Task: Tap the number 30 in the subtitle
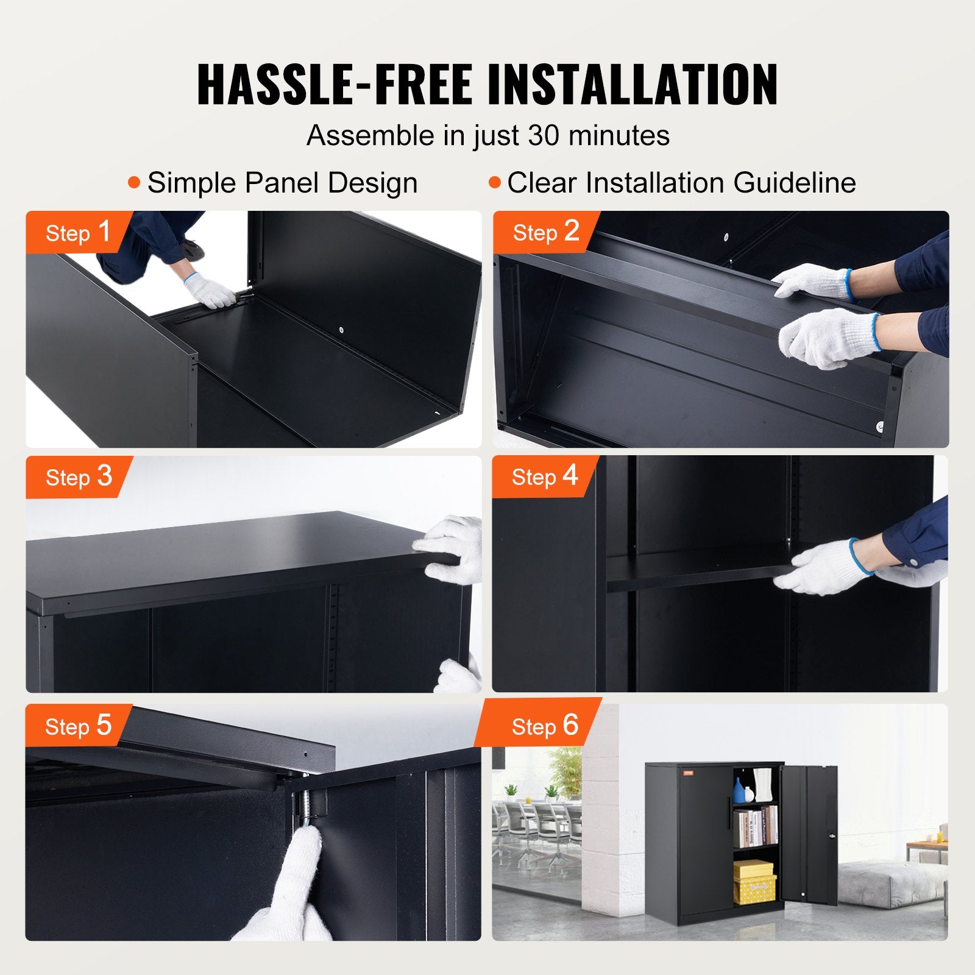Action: [543, 135]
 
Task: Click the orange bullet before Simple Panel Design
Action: [134, 183]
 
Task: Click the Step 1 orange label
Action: [77, 232]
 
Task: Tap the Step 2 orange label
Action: [545, 232]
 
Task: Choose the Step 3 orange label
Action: [78, 477]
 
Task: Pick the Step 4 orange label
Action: [544, 477]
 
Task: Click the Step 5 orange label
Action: [77, 726]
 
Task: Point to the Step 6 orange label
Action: [544, 726]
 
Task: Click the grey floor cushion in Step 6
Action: [890, 884]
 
